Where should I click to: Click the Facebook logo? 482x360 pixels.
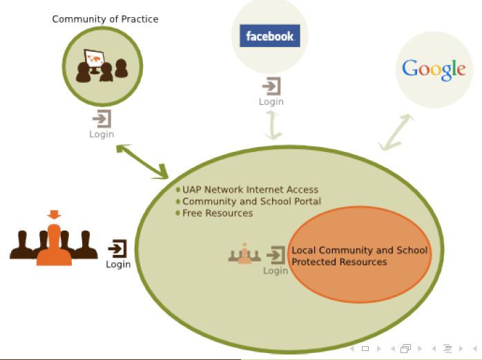[x=269, y=36]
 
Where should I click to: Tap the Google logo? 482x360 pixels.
[x=434, y=69]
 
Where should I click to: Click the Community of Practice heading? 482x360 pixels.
[x=105, y=19]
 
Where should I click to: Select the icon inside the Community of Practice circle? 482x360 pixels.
[x=102, y=66]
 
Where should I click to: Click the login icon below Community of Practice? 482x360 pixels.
[x=102, y=118]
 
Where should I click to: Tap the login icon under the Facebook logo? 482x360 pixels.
[x=271, y=86]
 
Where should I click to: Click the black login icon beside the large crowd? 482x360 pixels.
[x=118, y=249]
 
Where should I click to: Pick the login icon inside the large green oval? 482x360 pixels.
[x=276, y=255]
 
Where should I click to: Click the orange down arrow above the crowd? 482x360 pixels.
[x=54, y=215]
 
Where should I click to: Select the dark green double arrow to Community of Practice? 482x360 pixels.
[x=143, y=161]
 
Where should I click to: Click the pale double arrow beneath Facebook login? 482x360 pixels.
[x=274, y=124]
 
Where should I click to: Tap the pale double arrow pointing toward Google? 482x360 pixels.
[x=398, y=133]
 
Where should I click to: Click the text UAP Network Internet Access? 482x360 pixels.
[x=250, y=189]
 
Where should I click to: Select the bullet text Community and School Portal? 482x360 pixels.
[x=251, y=201]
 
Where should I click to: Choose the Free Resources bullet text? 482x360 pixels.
[x=218, y=213]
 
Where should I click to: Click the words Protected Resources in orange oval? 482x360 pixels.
[x=339, y=262]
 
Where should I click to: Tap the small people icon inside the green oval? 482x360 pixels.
[x=244, y=254]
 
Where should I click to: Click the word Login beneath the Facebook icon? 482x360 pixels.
[x=271, y=102]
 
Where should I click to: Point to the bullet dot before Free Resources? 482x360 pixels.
[x=178, y=213]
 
